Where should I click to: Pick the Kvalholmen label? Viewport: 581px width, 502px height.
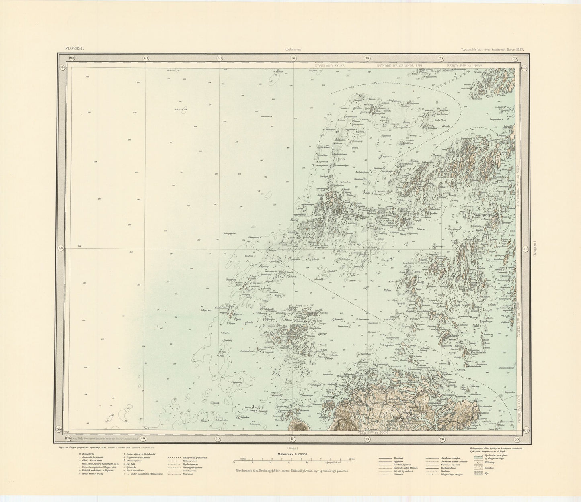click(x=476, y=353)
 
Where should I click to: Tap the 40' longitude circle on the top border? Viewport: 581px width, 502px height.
click(x=145, y=58)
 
